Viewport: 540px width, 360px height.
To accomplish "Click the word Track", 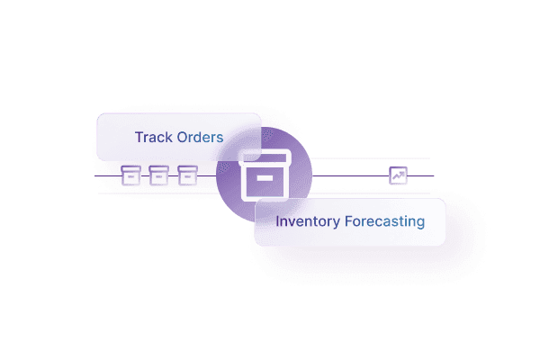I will point(153,138).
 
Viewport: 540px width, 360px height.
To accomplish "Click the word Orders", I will point(200,138).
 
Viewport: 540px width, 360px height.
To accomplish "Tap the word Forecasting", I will point(384,220).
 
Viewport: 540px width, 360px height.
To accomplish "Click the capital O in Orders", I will point(183,138).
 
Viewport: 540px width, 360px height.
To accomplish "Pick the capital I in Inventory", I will point(277,220).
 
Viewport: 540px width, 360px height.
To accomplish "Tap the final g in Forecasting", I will point(419,222).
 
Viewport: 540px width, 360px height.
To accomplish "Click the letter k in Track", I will point(168,138).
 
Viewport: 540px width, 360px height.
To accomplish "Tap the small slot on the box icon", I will point(265,178).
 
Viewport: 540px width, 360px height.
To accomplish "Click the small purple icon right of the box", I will point(398,175).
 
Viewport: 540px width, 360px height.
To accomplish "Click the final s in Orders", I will point(219,139).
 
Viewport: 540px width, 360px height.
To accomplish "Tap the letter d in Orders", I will point(200,138).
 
